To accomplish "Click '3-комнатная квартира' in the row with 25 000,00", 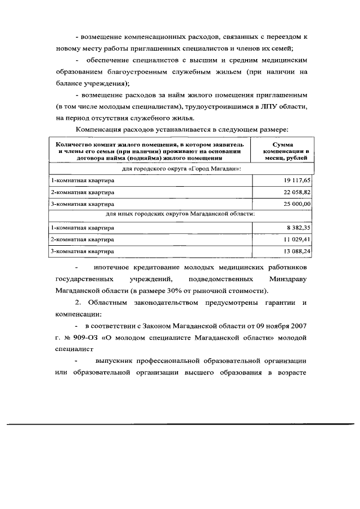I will pos(82,204).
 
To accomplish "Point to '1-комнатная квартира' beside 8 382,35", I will pos(82,228).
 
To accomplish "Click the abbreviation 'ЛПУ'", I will pos(269,106).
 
